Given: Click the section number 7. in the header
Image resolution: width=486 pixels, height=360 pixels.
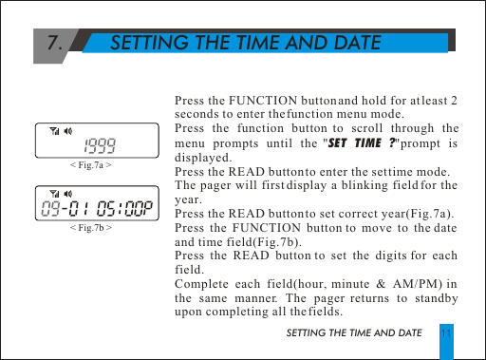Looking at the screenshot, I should coord(57,43).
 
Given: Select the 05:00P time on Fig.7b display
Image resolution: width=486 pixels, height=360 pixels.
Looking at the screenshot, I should coord(126,209).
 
